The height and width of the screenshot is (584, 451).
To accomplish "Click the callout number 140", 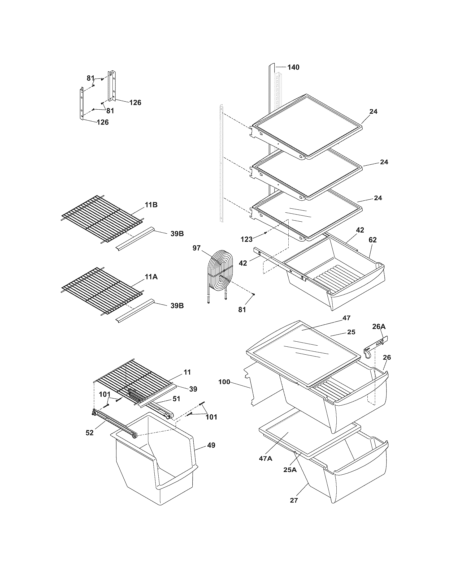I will [x=293, y=67].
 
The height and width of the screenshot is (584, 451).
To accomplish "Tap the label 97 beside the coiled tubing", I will [x=196, y=248].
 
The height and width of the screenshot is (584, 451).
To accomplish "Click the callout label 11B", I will [x=151, y=205].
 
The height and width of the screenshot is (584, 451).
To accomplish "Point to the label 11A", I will [x=151, y=277].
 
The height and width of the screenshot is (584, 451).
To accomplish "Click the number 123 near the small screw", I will [x=246, y=239].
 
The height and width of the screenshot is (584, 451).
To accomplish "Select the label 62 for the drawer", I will [x=372, y=240].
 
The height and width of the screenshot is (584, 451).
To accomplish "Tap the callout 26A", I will [x=379, y=327].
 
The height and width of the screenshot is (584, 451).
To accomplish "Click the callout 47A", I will [x=266, y=459].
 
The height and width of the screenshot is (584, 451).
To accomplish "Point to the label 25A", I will [x=290, y=470].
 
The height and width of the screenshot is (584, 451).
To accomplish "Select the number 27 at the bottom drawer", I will [x=294, y=500].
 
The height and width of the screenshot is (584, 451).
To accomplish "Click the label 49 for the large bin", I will [x=211, y=445].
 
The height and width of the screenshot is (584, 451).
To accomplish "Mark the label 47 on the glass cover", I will [x=346, y=318].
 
